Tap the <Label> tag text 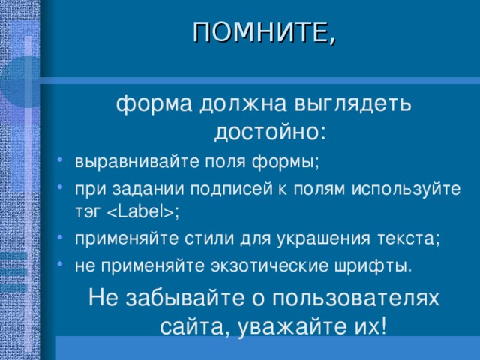pyautogui.click(x=141, y=213)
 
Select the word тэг pyautogui.click(x=88, y=213)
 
